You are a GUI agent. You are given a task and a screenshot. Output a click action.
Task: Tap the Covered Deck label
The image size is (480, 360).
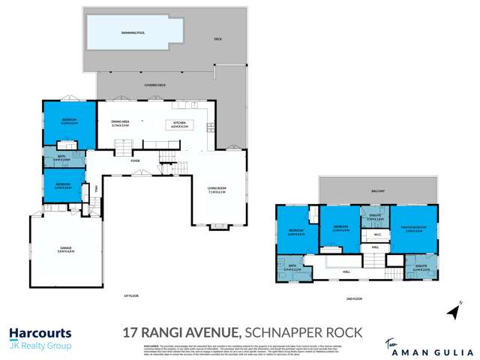coord(154,85)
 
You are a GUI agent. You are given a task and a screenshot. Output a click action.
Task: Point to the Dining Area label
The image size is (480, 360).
coord(121,124)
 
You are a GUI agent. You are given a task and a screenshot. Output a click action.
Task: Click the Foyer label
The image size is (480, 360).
coord(136,159)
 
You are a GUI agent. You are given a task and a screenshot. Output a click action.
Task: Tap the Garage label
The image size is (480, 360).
coord(65,249)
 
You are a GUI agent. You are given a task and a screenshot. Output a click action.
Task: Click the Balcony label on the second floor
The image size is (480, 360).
coord(378,191)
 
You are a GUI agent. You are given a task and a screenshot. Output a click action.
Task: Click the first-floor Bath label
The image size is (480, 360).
coord(62,158)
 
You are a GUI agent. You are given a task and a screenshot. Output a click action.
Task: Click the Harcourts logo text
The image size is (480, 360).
coord(40,332)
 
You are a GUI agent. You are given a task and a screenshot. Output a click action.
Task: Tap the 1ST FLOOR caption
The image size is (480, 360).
coord(132,295)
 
